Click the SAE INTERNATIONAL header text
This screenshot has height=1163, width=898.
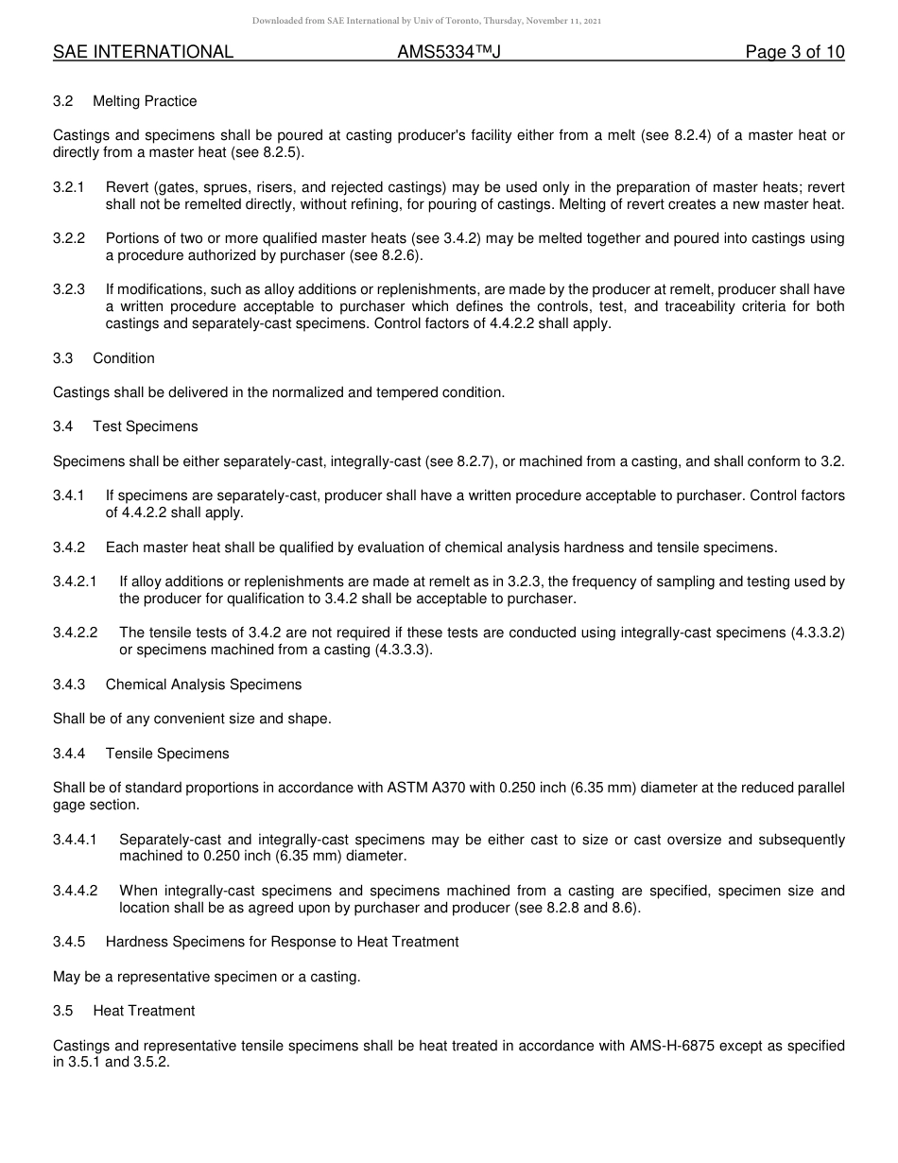click(x=143, y=52)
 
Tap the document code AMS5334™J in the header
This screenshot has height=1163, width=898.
click(x=448, y=52)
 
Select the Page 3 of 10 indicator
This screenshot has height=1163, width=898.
click(x=794, y=52)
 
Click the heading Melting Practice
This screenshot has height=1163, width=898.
click(x=145, y=101)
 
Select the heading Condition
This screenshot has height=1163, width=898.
click(x=124, y=358)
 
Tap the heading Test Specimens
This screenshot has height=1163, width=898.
click(x=146, y=426)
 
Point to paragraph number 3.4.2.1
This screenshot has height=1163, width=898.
click(x=75, y=581)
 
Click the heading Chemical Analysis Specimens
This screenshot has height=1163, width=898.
click(x=203, y=685)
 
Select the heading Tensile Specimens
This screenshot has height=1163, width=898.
click(x=167, y=754)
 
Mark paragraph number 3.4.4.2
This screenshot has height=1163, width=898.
click(x=75, y=891)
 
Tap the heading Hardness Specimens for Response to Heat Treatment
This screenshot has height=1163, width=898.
click(x=282, y=942)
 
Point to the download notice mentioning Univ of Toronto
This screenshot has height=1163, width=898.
click(x=426, y=21)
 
